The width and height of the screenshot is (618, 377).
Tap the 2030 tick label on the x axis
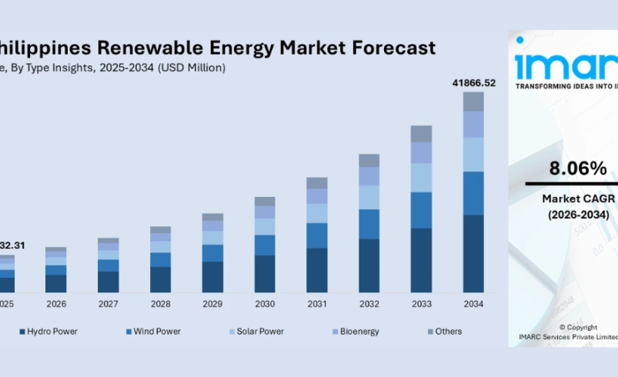coord(265,304)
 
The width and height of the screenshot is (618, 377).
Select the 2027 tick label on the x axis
coord(109,304)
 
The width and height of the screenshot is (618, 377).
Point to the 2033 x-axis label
coord(421,304)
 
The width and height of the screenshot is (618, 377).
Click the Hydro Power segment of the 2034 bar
coord(473,253)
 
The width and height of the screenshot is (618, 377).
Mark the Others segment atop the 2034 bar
coord(473,102)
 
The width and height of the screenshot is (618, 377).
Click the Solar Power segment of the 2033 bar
coord(421,178)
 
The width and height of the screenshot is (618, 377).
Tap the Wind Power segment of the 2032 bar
coord(369,224)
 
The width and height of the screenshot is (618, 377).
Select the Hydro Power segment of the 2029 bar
coord(212,277)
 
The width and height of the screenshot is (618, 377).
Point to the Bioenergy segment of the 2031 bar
coord(317,196)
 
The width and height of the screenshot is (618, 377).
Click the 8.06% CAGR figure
coord(577,168)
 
